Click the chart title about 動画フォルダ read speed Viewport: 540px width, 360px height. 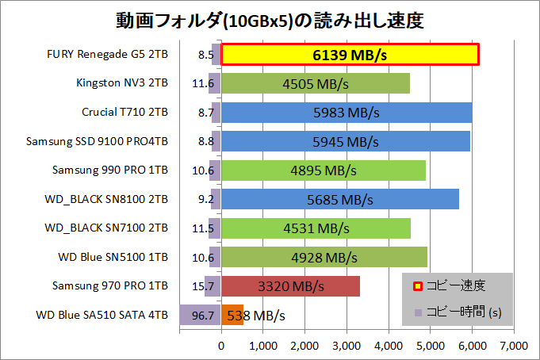[x=270, y=18]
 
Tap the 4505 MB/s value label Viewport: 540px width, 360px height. [x=316, y=83]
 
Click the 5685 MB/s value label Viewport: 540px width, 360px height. [x=339, y=199]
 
